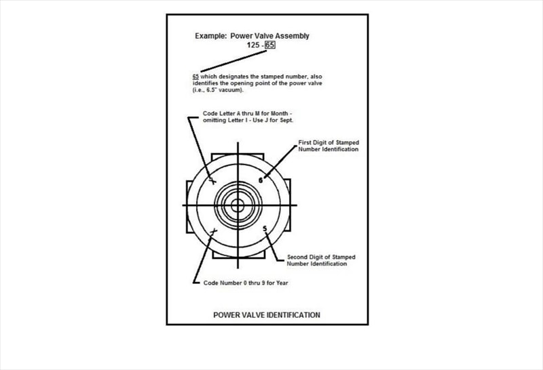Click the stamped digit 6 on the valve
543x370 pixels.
point(261,180)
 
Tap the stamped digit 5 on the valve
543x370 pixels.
point(265,228)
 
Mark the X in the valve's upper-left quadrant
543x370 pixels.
point(212,182)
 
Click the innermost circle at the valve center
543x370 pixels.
point(238,205)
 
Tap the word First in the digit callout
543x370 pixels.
point(305,143)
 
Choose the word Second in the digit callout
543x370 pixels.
point(299,258)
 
